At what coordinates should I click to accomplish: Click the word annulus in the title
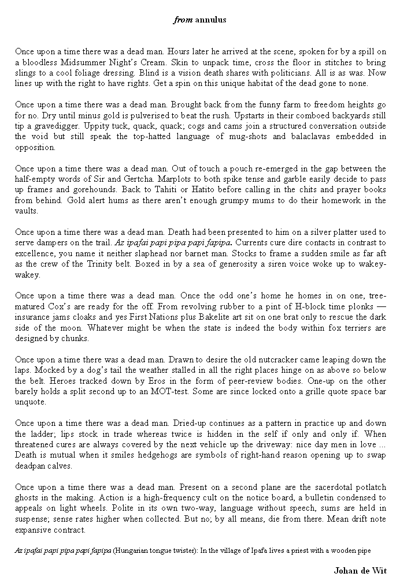coord(210,20)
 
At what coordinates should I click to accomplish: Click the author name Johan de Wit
coord(360,571)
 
